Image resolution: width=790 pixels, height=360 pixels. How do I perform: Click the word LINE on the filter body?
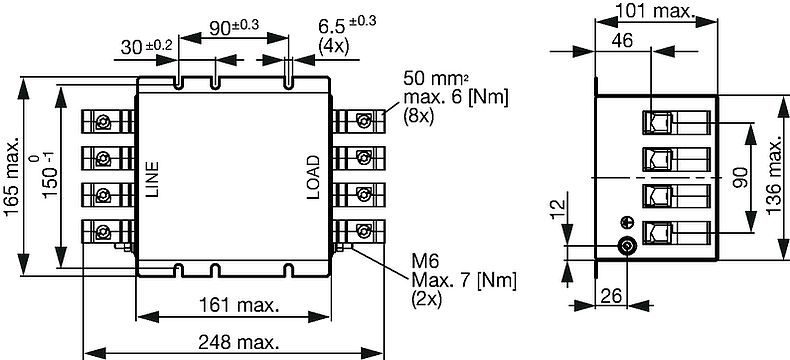pos(151,179)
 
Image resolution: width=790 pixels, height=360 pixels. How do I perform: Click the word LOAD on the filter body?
pos(313,177)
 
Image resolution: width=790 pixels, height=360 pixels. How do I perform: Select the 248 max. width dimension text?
pos(238,343)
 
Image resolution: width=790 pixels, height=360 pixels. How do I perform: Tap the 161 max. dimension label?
pos(239,305)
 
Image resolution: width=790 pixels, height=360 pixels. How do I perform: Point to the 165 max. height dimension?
pos(12,176)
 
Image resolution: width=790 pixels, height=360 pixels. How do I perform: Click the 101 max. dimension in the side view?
pos(656,11)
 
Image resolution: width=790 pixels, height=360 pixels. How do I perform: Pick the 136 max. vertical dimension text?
pos(775,178)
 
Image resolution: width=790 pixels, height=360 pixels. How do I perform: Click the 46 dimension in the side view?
pos(622,41)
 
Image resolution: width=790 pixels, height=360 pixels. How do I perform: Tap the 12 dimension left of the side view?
pos(558,208)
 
